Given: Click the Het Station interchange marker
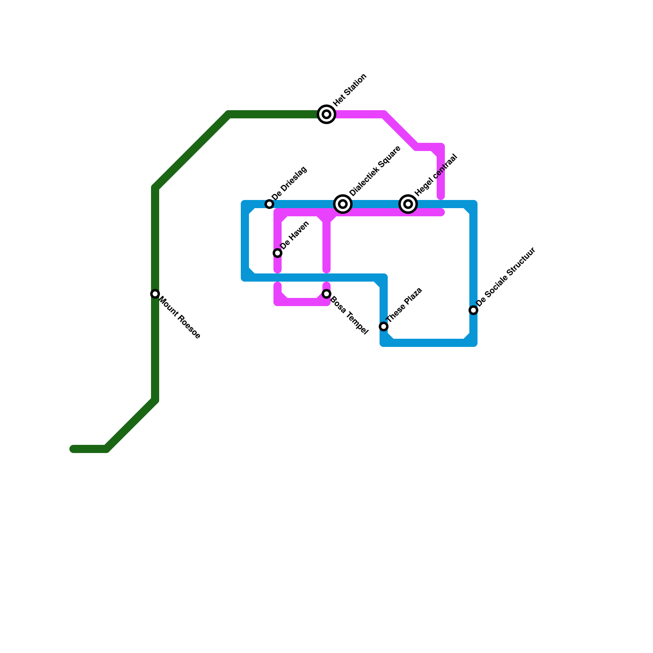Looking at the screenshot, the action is tap(326, 114).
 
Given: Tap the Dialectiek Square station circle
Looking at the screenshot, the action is tap(343, 204).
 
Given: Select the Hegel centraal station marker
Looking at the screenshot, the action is tap(408, 204).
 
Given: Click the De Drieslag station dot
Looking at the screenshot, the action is tap(269, 204).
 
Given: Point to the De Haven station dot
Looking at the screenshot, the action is tap(278, 253).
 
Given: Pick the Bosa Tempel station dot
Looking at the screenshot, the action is tap(326, 294).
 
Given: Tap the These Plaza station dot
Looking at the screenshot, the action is tap(384, 326).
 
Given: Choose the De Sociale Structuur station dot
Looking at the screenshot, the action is tap(473, 310).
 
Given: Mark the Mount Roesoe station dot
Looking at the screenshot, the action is tap(155, 294).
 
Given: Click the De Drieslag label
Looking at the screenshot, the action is tap(289, 183).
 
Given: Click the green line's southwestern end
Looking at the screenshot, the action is tap(73, 449).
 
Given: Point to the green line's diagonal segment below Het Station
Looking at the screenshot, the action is tap(192, 151).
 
